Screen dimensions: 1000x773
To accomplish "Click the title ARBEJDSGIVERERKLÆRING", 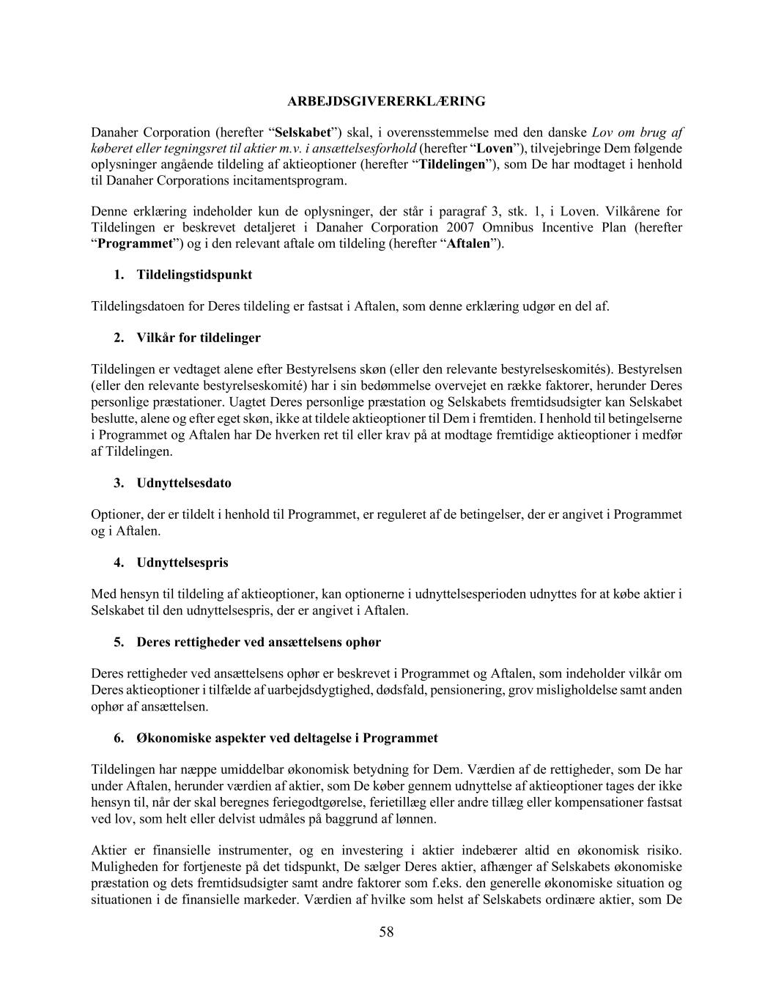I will click(x=386, y=101).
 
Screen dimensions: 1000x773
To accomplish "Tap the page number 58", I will click(x=386, y=932).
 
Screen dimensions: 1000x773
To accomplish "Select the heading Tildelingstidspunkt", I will click(x=194, y=275).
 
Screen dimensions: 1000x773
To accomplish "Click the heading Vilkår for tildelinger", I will click(x=198, y=338).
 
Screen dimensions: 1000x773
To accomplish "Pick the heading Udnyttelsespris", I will click(x=182, y=563).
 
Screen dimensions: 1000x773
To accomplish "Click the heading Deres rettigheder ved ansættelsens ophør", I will click(x=259, y=642).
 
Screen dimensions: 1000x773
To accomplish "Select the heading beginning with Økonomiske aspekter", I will click(x=287, y=738).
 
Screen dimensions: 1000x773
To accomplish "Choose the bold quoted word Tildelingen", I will click(x=452, y=164).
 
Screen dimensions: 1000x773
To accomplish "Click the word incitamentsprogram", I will click(x=287, y=180).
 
